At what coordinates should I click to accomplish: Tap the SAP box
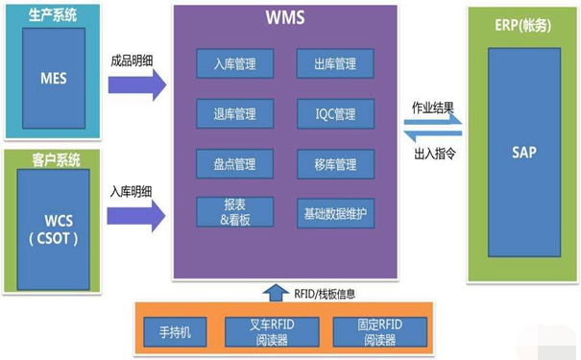pyautogui.click(x=522, y=154)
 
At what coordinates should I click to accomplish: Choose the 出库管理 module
pyautogui.click(x=334, y=63)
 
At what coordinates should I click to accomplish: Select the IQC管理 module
pyautogui.click(x=334, y=113)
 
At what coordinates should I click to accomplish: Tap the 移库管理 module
pyautogui.click(x=334, y=164)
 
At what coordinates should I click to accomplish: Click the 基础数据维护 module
pyautogui.click(x=334, y=212)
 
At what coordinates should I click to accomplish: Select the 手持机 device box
pyautogui.click(x=176, y=332)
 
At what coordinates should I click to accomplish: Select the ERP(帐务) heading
pyautogui.click(x=522, y=22)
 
